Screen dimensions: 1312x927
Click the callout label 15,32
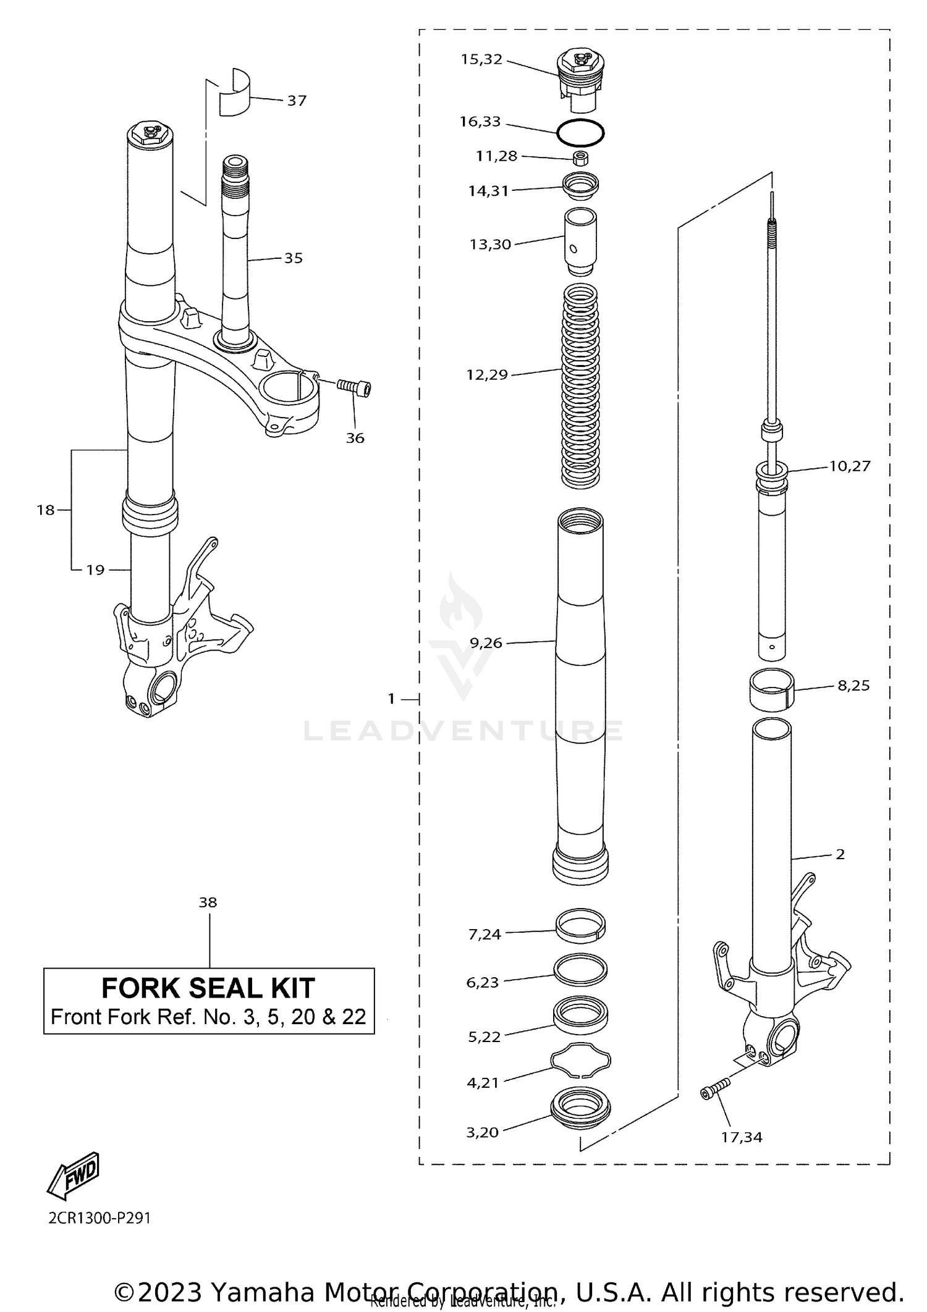click(x=481, y=60)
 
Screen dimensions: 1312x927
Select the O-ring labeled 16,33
click(x=580, y=132)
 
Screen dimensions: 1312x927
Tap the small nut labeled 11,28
click(x=580, y=158)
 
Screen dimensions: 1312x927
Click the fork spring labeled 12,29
click(x=580, y=386)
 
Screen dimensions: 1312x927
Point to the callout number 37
click(x=297, y=101)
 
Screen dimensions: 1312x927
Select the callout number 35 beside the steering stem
click(x=294, y=258)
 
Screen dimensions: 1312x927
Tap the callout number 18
click(x=46, y=510)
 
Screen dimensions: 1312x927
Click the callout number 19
click(x=95, y=570)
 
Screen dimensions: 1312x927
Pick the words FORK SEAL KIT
click(x=208, y=988)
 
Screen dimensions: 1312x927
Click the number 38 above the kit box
click(x=208, y=902)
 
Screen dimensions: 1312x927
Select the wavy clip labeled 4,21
click(x=581, y=1061)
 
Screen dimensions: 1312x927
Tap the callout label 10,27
click(x=849, y=466)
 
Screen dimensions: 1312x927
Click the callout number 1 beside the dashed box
click(x=391, y=699)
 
